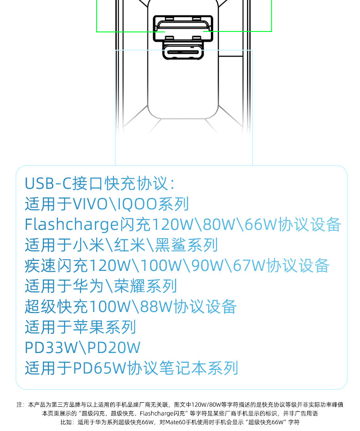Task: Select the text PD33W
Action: point(50,348)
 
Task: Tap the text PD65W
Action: point(100,368)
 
